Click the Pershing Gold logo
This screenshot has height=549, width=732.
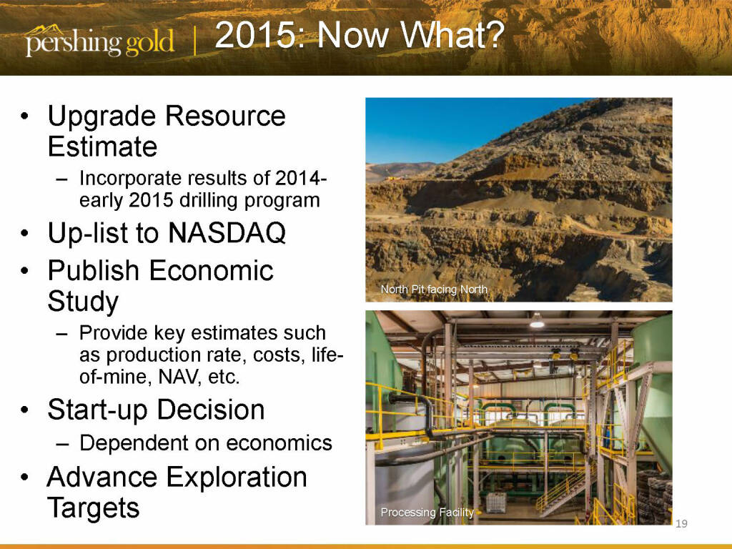(x=99, y=41)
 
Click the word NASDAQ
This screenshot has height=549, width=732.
(x=227, y=232)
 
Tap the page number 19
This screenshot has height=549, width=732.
(x=681, y=524)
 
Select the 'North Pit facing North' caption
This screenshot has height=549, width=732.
(x=434, y=290)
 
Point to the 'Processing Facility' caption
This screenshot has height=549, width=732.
(x=427, y=512)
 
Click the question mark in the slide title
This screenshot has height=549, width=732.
(x=493, y=35)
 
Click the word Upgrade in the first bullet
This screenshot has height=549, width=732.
(x=102, y=117)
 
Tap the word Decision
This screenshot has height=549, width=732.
(x=211, y=410)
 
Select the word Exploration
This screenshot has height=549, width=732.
(x=237, y=477)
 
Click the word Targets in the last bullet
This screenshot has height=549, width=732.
(x=94, y=508)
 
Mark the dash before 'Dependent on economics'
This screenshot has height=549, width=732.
(x=62, y=443)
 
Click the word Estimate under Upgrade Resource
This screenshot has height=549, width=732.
(x=102, y=147)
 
